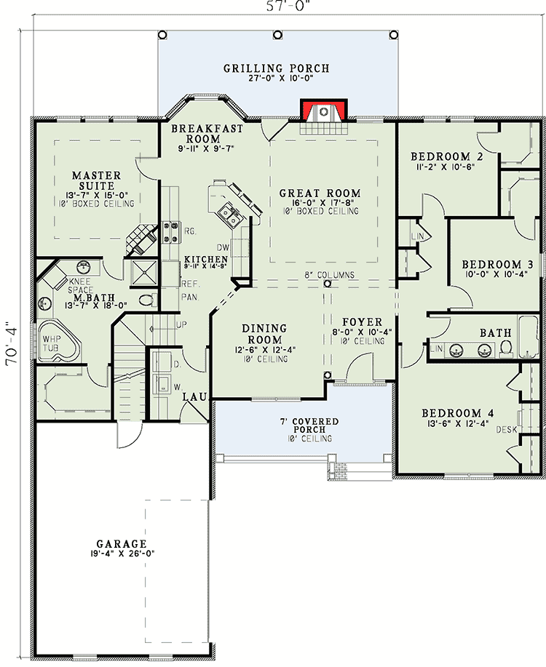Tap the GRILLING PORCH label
[x=277, y=68]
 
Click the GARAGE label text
[x=122, y=543]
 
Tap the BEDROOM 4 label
[x=458, y=413]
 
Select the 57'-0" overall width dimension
[x=288, y=6]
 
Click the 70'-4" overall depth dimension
[x=11, y=345]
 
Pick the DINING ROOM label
[x=264, y=334]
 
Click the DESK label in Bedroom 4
[x=507, y=430]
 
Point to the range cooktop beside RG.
[x=172, y=232]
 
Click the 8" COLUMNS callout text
[x=329, y=275]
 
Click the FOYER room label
[x=363, y=322]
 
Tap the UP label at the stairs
[x=181, y=325]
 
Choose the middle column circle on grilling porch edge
[x=277, y=34]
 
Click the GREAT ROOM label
[x=320, y=193]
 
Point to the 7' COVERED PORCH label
[x=309, y=426]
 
